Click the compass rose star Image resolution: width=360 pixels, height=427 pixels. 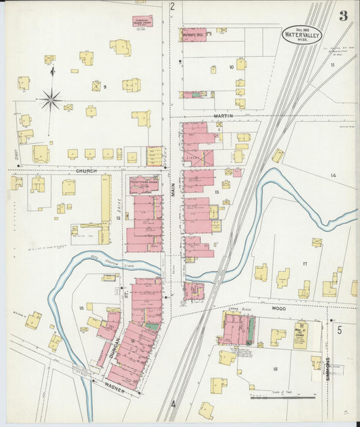[51, 101]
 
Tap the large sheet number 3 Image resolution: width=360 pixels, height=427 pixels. [343, 16]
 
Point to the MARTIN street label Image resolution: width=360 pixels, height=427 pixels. [223, 116]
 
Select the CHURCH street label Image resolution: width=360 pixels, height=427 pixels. [86, 171]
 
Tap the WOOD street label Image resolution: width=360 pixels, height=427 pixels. [278, 308]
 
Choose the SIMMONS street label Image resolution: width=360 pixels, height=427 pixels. [328, 367]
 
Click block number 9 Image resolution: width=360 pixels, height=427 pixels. [105, 87]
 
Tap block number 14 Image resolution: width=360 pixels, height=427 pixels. [332, 175]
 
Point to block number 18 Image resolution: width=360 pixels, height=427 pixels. [275, 368]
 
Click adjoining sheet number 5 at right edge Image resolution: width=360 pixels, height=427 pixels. [340, 330]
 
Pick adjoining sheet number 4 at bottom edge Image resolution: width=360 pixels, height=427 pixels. [173, 405]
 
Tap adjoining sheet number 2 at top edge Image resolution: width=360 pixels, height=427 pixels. [172, 7]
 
